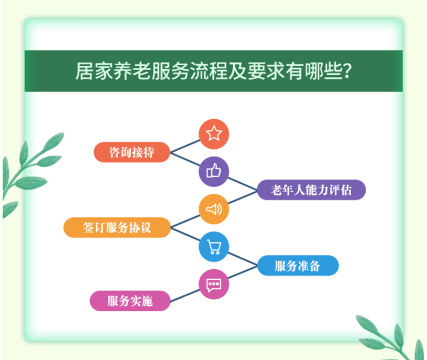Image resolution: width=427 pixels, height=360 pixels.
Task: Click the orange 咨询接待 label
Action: click(132, 152)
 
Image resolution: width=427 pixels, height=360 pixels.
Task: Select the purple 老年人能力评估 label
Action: click(311, 190)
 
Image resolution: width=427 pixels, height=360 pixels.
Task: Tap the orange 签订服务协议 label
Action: click(117, 227)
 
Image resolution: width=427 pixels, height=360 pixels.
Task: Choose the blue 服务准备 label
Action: click(298, 265)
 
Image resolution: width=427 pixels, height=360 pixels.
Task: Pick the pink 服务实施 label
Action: click(130, 301)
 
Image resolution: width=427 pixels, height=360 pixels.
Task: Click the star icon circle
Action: click(213, 134)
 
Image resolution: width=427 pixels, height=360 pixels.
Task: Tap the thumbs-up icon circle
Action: click(213, 172)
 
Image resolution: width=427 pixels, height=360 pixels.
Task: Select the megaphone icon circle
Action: click(213, 209)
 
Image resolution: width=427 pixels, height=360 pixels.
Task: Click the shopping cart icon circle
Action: click(213, 247)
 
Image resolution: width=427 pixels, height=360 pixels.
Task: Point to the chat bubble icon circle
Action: click(213, 284)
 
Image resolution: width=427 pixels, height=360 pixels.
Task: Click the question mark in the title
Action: click(347, 71)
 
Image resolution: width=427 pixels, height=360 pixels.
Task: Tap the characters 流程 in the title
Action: click(208, 71)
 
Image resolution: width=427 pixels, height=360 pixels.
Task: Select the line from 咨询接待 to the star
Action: click(185, 146)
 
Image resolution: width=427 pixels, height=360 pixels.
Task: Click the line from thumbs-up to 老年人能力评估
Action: click(242, 183)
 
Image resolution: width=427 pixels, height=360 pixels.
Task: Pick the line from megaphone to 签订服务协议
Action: click(185, 221)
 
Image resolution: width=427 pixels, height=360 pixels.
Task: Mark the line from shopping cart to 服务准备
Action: click(242, 259)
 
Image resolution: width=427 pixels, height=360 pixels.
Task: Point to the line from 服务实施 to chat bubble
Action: click(185, 296)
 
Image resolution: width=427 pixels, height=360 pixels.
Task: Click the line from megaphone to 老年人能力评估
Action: click(242, 197)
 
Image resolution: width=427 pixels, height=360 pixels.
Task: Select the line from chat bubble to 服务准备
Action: click(242, 272)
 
